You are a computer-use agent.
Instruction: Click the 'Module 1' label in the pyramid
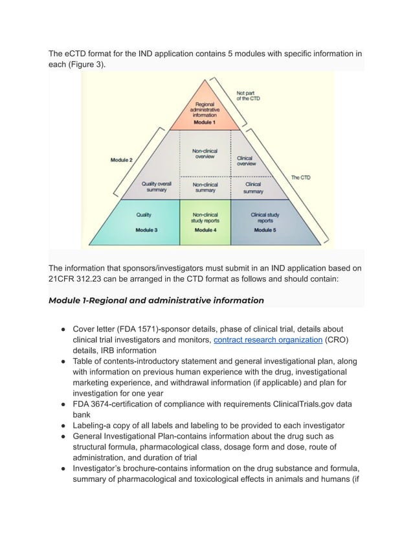pyautogui.click(x=205, y=123)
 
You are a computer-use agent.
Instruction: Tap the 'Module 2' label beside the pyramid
pyautogui.click(x=122, y=160)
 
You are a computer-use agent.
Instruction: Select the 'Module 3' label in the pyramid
pyautogui.click(x=146, y=230)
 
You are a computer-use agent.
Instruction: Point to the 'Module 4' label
pyautogui.click(x=205, y=230)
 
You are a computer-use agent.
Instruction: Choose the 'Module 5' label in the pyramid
pyautogui.click(x=264, y=230)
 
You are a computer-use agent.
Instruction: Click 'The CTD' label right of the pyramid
pyautogui.click(x=300, y=178)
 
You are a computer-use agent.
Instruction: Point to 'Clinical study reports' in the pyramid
pyautogui.click(x=264, y=217)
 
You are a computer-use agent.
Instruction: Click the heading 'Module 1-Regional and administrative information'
pyautogui.click(x=156, y=300)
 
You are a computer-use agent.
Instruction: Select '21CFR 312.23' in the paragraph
pyautogui.click(x=78, y=279)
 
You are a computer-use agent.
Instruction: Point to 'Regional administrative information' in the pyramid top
pyautogui.click(x=205, y=109)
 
